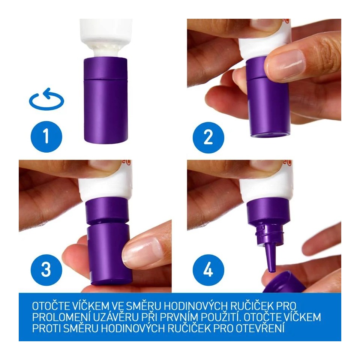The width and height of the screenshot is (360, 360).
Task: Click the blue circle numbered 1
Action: point(46,136)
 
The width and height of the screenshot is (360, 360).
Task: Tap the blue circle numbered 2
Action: point(208,137)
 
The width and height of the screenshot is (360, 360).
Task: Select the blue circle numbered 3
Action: point(46,270)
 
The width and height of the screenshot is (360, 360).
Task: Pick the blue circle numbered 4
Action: point(208,270)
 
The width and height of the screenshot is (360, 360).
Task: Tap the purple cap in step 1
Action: point(106,100)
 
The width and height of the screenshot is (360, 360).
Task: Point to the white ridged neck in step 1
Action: point(106,51)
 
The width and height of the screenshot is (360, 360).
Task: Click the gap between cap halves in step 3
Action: point(108,223)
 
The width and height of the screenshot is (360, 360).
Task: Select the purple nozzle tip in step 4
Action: point(270,259)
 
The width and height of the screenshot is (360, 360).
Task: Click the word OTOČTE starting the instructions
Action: point(51,306)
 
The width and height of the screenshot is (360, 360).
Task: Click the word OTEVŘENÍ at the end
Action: point(260,328)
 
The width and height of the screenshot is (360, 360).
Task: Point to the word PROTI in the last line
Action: point(46,328)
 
